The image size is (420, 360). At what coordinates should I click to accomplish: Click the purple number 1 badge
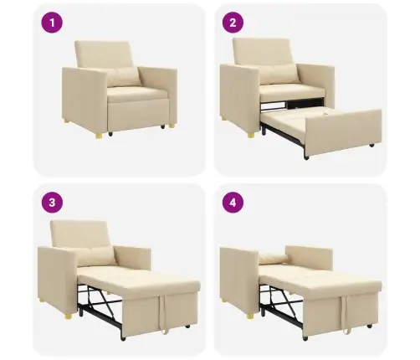52,23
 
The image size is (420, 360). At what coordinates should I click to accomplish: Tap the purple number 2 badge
233,23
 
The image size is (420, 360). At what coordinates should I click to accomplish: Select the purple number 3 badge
52,203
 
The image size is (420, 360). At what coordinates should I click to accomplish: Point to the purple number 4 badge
233,203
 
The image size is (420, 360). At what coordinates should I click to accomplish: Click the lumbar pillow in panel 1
123,77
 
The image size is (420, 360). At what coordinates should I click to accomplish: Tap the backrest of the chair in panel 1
103,54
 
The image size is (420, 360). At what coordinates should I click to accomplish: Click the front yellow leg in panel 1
99,136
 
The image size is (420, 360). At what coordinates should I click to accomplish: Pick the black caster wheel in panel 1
110,134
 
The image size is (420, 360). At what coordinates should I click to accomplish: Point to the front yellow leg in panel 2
251,136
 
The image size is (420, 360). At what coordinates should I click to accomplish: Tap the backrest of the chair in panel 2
261,52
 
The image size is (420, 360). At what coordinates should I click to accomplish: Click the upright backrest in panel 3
79,234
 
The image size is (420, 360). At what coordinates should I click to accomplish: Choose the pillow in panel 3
95,257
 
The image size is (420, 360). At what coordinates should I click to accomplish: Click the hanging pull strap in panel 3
162,315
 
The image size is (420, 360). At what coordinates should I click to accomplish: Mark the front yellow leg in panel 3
69,316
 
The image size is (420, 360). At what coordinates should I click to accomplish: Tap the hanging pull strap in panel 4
346,315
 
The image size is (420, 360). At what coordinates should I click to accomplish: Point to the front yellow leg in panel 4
251,316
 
